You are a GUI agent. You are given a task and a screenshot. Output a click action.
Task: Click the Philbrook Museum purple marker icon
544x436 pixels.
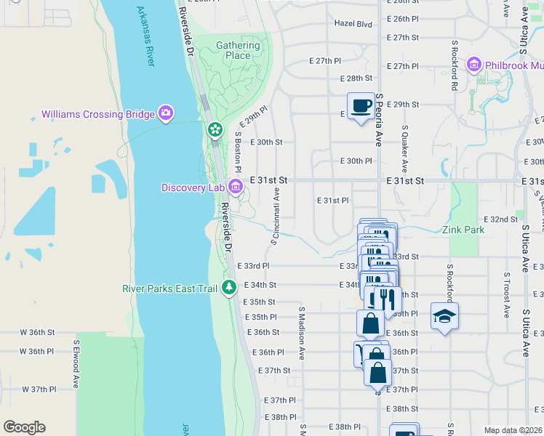coord(475,65)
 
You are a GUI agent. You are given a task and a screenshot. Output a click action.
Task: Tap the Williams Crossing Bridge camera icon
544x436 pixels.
coord(166,113)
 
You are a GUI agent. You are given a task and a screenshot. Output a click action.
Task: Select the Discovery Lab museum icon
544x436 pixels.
coord(235,187)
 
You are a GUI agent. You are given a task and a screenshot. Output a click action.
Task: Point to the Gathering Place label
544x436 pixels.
coord(238,50)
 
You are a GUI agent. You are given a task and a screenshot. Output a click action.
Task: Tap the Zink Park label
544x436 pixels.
coord(463,230)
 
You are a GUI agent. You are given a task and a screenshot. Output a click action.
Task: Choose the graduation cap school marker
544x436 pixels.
coord(444,316)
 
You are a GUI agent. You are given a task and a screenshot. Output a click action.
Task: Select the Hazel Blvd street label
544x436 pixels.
coord(353,24)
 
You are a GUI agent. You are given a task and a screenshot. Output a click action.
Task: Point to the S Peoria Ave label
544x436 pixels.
coord(379,120)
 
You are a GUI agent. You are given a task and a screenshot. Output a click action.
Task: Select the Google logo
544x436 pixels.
coord(24,427)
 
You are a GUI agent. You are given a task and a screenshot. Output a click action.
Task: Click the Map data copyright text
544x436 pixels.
coord(513,430)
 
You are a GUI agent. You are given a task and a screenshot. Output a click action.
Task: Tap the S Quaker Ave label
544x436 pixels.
coord(405,145)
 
